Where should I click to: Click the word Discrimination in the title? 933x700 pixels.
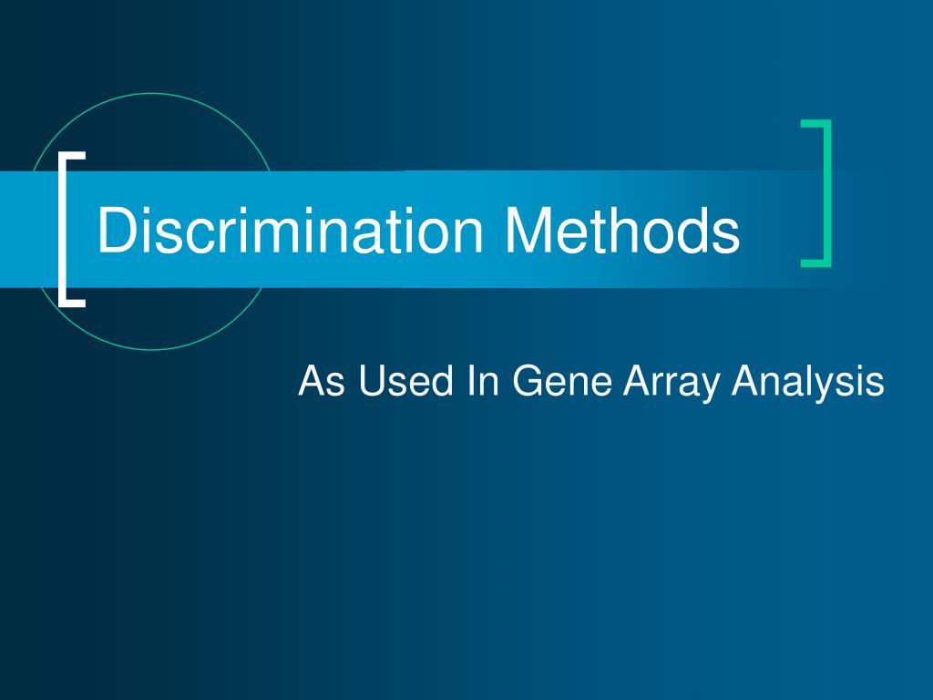coord(292,231)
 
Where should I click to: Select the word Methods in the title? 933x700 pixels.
coord(622,231)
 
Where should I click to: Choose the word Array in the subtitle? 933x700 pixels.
coord(673,382)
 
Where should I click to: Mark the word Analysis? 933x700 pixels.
coord(809,382)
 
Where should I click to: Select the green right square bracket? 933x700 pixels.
coord(826,193)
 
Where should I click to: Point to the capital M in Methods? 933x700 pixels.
coord(529,231)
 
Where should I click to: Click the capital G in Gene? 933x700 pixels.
coord(526,380)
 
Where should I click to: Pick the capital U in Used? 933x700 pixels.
coord(369,380)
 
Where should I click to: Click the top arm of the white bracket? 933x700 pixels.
coord(73,155)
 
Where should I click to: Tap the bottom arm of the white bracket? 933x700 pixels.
coord(73,301)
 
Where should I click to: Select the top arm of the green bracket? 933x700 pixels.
coord(815,123)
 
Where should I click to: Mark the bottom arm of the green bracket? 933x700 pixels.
coord(815,263)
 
